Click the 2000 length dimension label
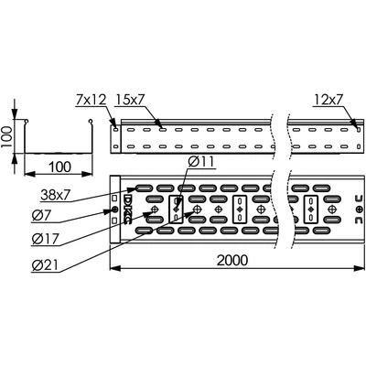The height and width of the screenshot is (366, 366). pyautogui.click(x=232, y=260)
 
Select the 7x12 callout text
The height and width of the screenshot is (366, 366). pyautogui.click(x=91, y=100)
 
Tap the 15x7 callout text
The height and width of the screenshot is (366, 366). pyautogui.click(x=130, y=100)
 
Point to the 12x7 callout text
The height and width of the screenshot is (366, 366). pyautogui.click(x=328, y=100)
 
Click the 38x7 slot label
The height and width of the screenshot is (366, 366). pyautogui.click(x=56, y=195)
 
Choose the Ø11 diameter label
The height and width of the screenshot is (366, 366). pyautogui.click(x=201, y=162)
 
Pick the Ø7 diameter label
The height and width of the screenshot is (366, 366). pyautogui.click(x=42, y=216)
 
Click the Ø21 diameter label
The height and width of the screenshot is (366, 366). pyautogui.click(x=45, y=265)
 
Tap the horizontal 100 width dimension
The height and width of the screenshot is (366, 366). pyautogui.click(x=60, y=167)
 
